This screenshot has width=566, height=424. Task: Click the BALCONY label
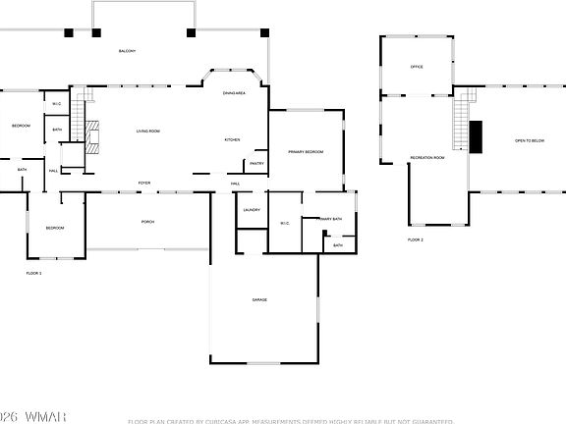tap(127, 51)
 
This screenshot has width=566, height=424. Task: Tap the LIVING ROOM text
tap(148, 132)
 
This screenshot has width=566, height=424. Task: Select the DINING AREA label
tap(234, 92)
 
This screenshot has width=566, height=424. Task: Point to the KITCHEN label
tap(233, 139)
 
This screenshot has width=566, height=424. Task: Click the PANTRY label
tap(256, 163)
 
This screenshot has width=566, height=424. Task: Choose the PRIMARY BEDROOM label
tap(306, 152)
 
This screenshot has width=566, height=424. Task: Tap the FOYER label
tap(144, 184)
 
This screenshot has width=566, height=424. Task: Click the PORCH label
tap(147, 222)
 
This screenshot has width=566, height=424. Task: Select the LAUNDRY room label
tap(251, 210)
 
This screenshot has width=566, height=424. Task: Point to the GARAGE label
tap(259, 299)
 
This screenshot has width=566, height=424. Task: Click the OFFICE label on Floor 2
tap(416, 67)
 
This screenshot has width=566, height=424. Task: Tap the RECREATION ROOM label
tap(427, 157)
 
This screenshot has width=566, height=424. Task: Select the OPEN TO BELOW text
tap(530, 140)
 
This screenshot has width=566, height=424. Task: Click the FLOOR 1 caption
tap(33, 273)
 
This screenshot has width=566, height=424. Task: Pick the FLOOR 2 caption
tap(416, 239)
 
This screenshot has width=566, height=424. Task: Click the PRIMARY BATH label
tap(330, 219)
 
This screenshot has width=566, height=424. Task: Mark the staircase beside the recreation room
tap(459, 123)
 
